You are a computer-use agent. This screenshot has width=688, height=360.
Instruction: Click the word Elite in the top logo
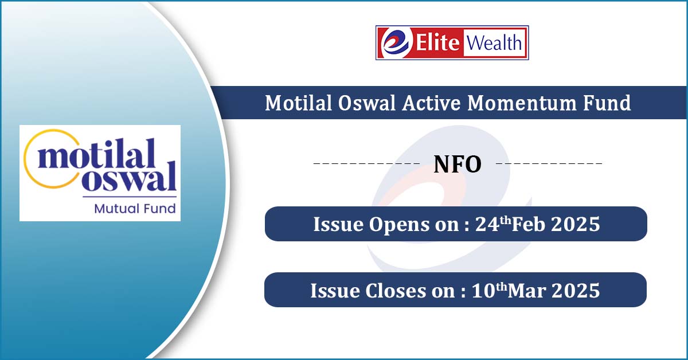pos(437,42)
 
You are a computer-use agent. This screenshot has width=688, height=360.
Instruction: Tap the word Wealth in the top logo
pos(494,42)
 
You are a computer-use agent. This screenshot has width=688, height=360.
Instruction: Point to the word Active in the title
pos(431,103)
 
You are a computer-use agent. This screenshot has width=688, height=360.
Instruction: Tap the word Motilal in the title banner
pos(298,103)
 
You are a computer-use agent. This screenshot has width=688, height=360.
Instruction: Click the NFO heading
pos(458,165)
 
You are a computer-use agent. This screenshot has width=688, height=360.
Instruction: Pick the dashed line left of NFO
pos(366,163)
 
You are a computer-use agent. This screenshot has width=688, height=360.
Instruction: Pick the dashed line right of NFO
pos(549,163)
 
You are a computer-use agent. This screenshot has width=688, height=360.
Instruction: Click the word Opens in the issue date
pos(399,225)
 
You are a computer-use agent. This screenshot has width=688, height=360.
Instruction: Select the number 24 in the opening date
pos(487,224)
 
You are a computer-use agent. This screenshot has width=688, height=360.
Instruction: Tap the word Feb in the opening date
pos(528,224)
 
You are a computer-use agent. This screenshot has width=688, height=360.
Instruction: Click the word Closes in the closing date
pos(395,290)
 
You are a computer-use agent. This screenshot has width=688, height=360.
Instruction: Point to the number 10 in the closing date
pos(483,290)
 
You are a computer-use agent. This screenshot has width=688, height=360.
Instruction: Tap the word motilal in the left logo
pos(96,153)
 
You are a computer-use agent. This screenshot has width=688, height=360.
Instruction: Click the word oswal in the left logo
pos(128,177)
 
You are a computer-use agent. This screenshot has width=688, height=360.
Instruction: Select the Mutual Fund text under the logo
pos(135,209)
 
